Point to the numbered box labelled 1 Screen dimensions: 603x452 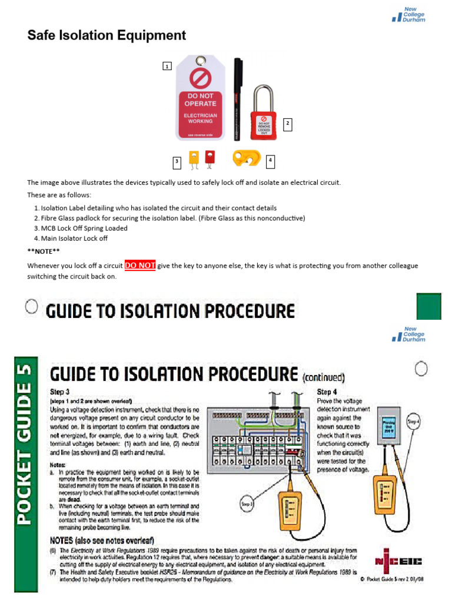click(167, 67)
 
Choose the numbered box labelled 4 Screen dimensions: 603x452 click(270, 160)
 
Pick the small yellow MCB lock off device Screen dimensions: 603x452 click(193, 158)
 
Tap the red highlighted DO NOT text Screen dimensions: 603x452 click(140, 266)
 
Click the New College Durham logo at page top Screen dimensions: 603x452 click(408, 15)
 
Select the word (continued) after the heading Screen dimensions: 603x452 click(323, 377)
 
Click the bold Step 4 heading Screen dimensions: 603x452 click(328, 392)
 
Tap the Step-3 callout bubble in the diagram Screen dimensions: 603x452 click(248, 504)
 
